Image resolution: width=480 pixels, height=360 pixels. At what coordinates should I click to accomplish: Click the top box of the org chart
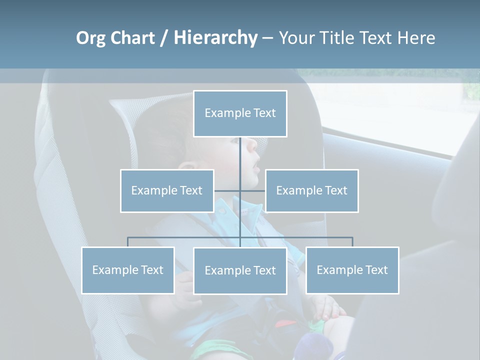pyautogui.click(x=240, y=113)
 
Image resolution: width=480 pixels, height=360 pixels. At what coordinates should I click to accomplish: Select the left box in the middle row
pyautogui.click(x=167, y=190)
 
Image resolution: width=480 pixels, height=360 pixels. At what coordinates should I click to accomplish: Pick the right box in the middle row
pyautogui.click(x=311, y=190)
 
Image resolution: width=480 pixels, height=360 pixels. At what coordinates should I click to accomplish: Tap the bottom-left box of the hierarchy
pyautogui.click(x=127, y=270)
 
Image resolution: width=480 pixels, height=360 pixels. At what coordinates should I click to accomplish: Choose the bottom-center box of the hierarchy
pyautogui.click(x=240, y=270)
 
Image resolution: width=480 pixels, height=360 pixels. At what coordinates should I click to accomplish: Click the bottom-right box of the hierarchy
pyautogui.click(x=352, y=270)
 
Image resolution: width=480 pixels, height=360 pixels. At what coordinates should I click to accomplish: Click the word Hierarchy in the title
pyautogui.click(x=215, y=38)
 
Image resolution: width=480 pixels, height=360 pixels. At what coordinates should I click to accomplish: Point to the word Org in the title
pyautogui.click(x=90, y=38)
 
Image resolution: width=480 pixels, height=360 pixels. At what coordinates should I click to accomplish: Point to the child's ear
pyautogui.click(x=187, y=167)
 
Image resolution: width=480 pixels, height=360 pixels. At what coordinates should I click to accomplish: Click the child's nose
pyautogui.click(x=252, y=146)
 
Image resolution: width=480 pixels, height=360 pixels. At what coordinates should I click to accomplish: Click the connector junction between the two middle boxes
pyautogui.click(x=240, y=190)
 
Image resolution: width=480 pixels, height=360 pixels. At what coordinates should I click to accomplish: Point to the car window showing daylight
pyautogui.click(x=400, y=115)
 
